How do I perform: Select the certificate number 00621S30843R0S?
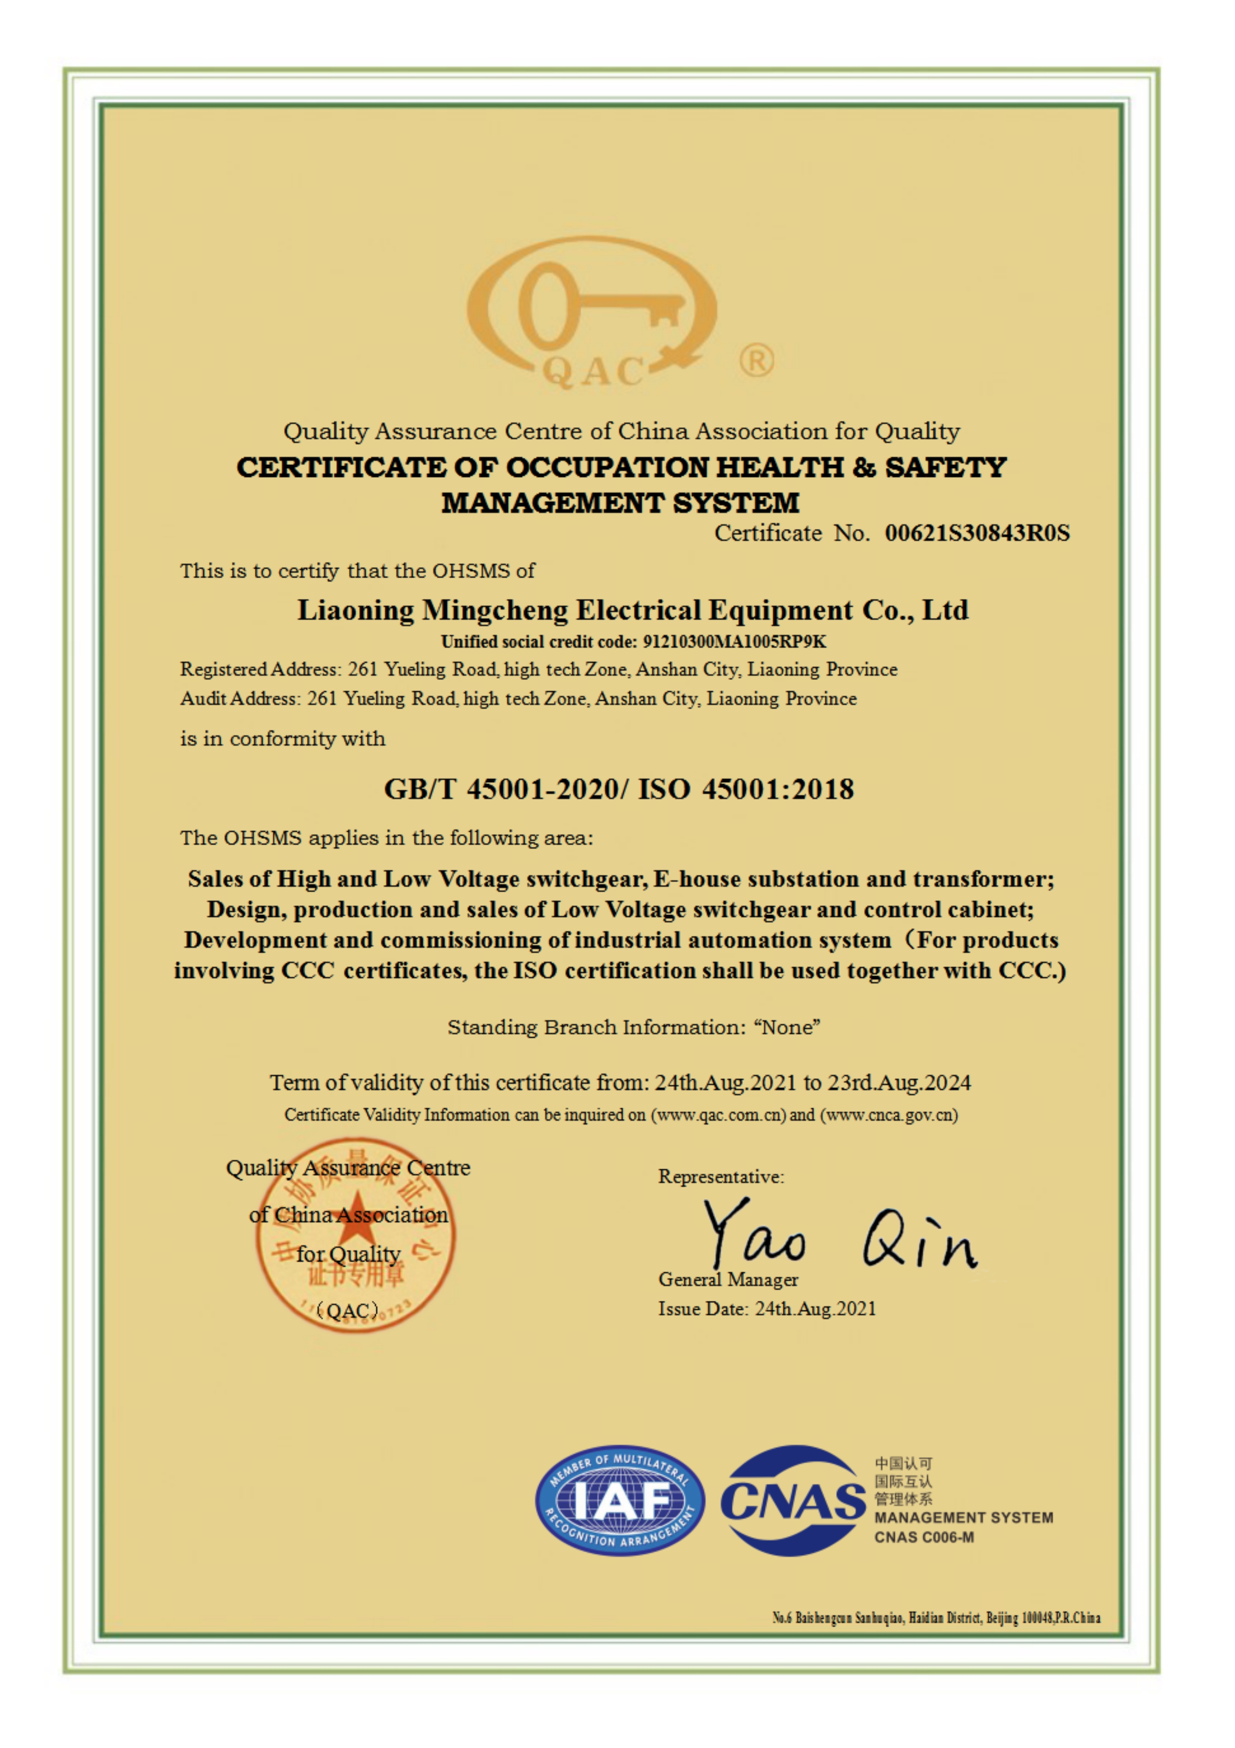[x=977, y=533]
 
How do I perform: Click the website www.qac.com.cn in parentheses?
[x=717, y=1115]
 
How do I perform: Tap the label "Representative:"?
[x=720, y=1177]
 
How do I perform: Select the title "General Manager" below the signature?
[x=728, y=1280]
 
